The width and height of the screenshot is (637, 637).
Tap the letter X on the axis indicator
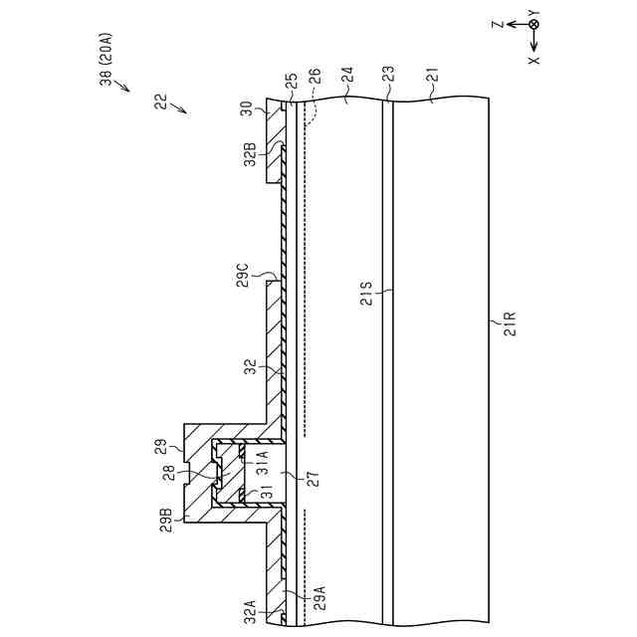(x=534, y=60)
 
